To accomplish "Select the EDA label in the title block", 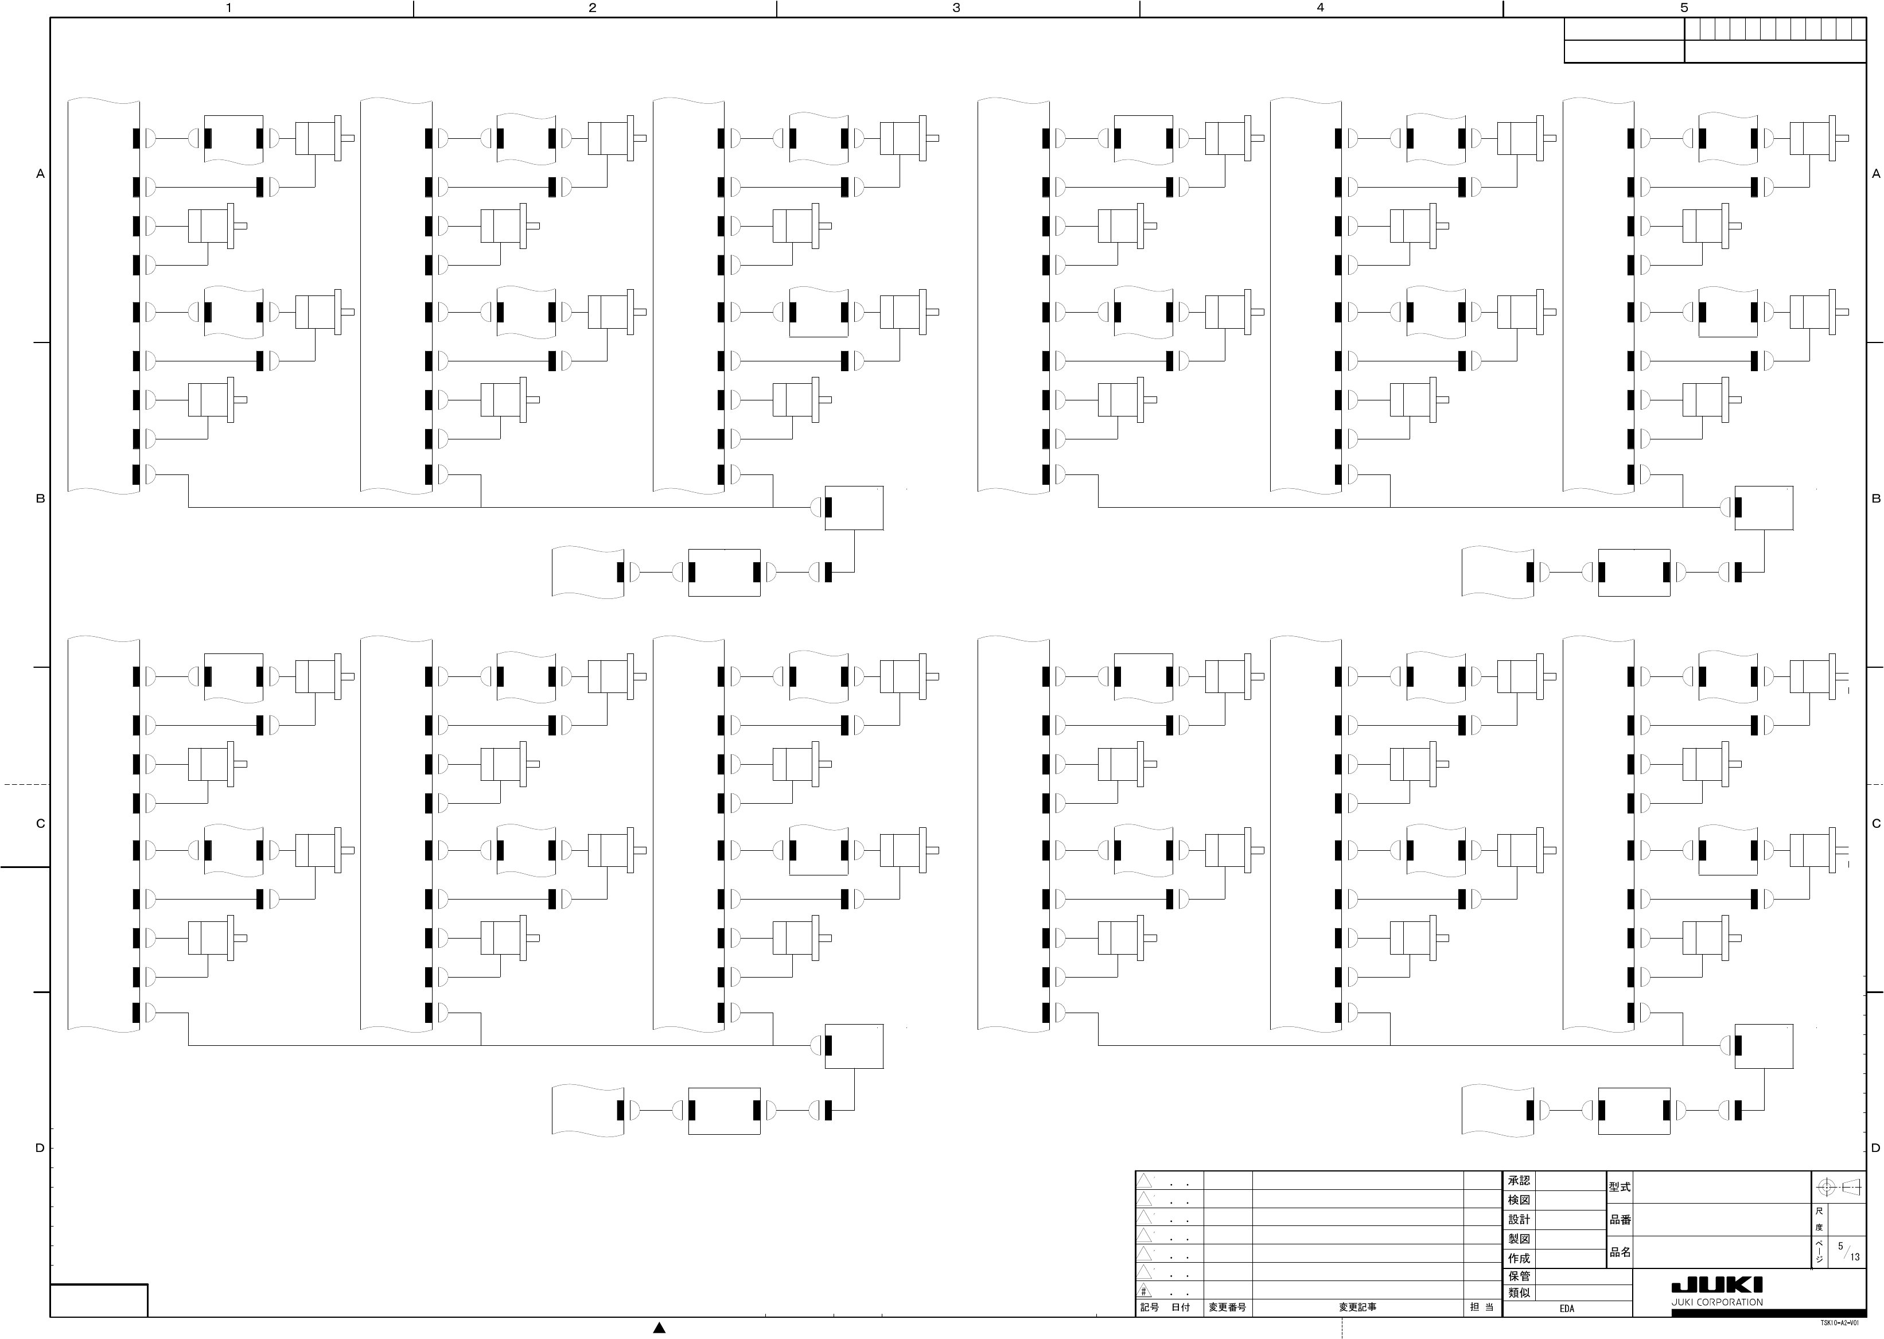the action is pos(1567,1309).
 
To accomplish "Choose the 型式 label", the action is pos(1620,1188).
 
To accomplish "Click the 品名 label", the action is pos(1620,1252).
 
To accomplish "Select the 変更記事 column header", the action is pos(1357,1307).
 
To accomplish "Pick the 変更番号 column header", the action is pos(1227,1307).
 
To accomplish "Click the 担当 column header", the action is pos(1482,1307).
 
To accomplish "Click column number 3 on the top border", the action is pos(956,8).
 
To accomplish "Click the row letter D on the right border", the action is pos(1877,1149).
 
